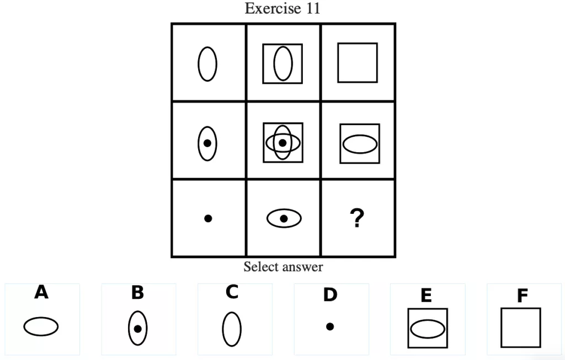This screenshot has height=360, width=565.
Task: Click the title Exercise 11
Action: pyautogui.click(x=282, y=9)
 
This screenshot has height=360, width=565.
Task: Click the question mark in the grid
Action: pyautogui.click(x=357, y=219)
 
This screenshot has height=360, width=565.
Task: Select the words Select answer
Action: pyautogui.click(x=283, y=267)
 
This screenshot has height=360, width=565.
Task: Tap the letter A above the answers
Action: pyautogui.click(x=41, y=292)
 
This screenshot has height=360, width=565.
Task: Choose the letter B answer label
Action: pyautogui.click(x=137, y=293)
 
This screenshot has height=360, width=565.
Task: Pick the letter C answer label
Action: pyautogui.click(x=232, y=292)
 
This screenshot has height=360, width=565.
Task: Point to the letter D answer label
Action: pyautogui.click(x=329, y=295)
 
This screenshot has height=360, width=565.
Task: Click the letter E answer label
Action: pyautogui.click(x=426, y=295)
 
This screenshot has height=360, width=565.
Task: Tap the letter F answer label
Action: pyautogui.click(x=522, y=296)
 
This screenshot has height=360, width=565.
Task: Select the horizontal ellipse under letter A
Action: pyautogui.click(x=41, y=326)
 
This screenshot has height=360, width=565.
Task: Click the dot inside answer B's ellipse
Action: pyautogui.click(x=138, y=329)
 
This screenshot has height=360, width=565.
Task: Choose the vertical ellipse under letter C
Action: pyautogui.click(x=232, y=329)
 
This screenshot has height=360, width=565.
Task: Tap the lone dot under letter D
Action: pyautogui.click(x=329, y=326)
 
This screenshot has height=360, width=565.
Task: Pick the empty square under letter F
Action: pyautogui.click(x=521, y=327)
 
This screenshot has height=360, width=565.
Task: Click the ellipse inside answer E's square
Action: pyautogui.click(x=428, y=329)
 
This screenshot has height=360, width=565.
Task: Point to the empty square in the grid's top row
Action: pyautogui.click(x=358, y=63)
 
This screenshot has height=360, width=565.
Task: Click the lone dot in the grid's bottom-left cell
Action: pyautogui.click(x=208, y=218)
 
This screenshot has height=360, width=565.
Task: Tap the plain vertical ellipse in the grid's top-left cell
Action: pyautogui.click(x=207, y=64)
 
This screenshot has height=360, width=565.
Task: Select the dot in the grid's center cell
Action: pyautogui.click(x=282, y=143)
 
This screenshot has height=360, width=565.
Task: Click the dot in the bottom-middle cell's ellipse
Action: pyautogui.click(x=284, y=218)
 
